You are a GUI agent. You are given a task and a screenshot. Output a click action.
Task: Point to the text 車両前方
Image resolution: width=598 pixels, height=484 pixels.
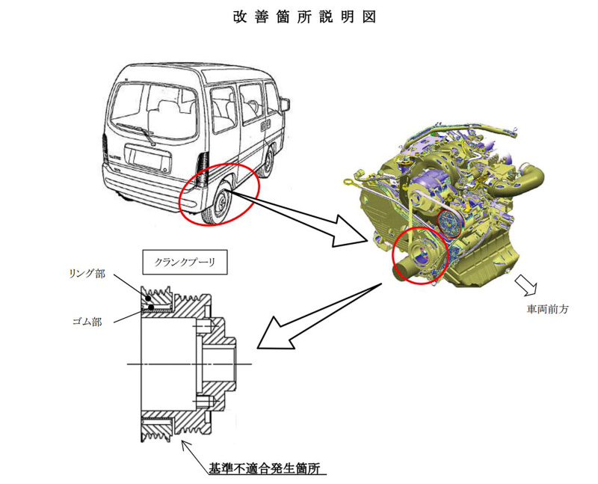click(546, 308)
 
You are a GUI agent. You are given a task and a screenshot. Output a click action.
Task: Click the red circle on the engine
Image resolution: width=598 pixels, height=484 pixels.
click(418, 255)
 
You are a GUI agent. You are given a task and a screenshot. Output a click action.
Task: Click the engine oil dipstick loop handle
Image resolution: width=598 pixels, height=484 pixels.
click(349, 180)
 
